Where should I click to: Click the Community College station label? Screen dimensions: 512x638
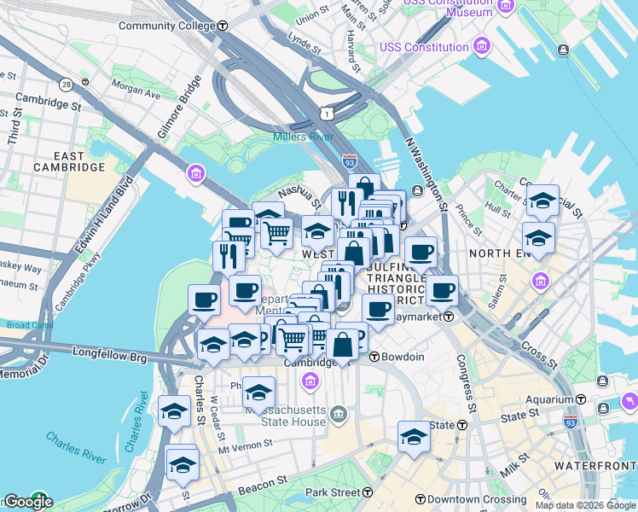pos(166,26)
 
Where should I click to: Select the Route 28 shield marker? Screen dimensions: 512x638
pos(66,84)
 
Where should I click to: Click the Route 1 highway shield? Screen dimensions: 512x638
pos(326,113)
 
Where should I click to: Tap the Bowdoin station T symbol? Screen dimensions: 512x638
pos(374,357)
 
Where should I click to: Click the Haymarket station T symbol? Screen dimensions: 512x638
pos(447,316)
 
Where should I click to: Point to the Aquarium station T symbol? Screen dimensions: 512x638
pos(580,399)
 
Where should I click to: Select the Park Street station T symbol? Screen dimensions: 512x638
pos(367,492)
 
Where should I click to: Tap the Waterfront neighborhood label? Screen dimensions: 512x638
pos(594,465)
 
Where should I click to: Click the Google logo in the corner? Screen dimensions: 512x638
pos(27,502)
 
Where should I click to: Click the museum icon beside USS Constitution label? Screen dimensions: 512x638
pos(482,46)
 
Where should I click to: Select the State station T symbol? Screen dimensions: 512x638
pos(462,425)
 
